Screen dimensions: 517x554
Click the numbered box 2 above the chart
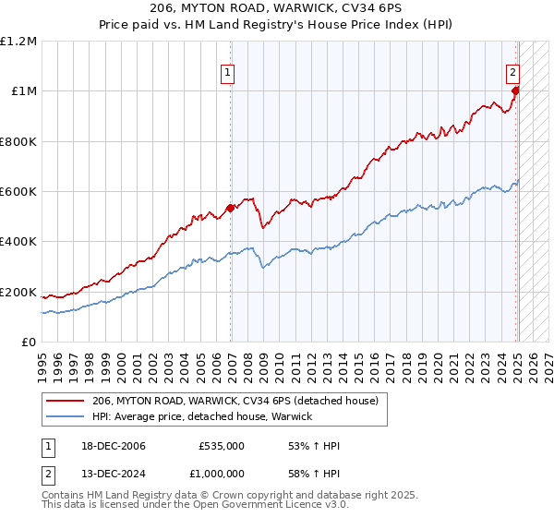[512, 72]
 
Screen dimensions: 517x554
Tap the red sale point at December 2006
[230, 208]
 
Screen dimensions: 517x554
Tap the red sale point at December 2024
[515, 90]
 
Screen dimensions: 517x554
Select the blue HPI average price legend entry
[202, 416]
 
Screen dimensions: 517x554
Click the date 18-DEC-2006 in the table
[106, 446]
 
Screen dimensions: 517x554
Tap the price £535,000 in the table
[222, 446]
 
